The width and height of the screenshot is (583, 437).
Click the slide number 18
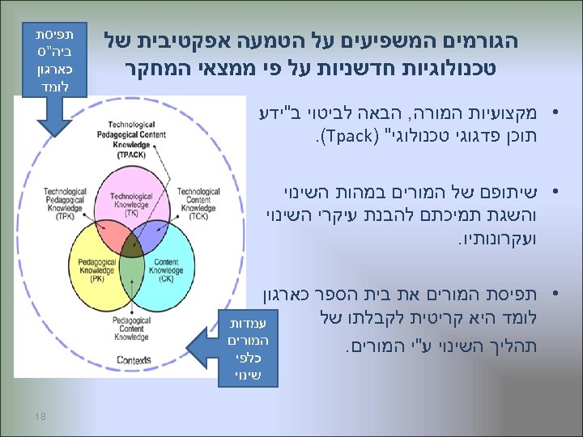[40, 415]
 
